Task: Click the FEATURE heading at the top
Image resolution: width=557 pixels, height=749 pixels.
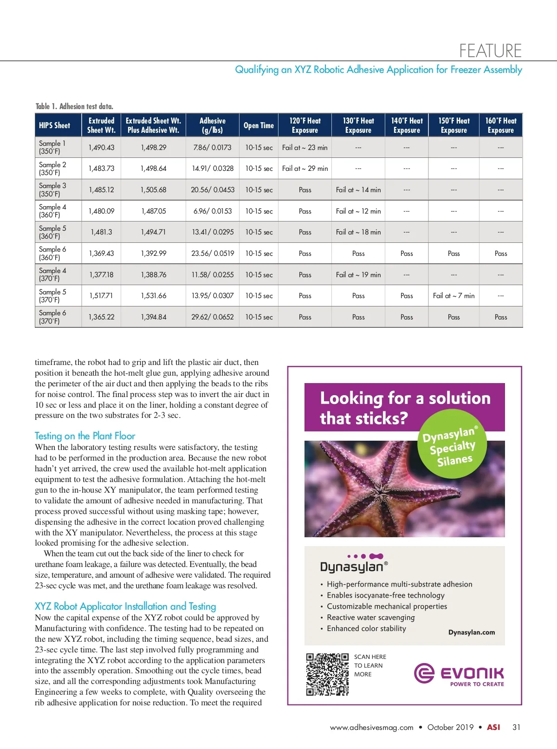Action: coord(490,50)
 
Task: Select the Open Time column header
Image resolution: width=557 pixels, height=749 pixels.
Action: coord(259,125)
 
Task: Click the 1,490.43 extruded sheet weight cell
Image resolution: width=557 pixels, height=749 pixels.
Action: coord(101,147)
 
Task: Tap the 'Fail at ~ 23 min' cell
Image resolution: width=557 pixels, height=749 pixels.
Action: coord(304,147)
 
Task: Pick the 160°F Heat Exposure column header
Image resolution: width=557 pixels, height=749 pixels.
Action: coord(500,125)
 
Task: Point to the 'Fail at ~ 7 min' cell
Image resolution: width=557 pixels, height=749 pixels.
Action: coord(453,296)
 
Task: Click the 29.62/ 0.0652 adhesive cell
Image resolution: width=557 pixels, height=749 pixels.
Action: coord(213,317)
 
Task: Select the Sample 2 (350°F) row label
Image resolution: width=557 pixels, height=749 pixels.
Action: coord(52,169)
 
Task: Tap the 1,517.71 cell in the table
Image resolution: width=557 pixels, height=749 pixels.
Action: coord(101,296)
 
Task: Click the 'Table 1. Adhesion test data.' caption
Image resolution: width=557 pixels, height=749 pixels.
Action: coord(74,106)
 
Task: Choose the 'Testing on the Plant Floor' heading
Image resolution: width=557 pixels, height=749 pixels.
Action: coord(85,436)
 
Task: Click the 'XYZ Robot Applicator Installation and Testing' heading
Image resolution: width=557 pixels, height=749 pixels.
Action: coord(125,606)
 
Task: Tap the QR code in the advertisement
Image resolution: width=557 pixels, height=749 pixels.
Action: coord(327,674)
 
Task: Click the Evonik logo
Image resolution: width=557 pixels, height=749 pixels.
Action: coord(459,674)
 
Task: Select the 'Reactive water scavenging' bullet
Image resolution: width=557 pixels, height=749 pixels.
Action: coord(370,618)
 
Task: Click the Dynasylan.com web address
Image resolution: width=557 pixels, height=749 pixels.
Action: coord(472,632)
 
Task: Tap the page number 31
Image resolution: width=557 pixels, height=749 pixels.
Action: coord(516,728)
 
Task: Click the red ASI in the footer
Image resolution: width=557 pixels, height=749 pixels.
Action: coord(493,728)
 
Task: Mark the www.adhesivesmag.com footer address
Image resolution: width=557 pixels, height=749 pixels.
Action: coord(371,728)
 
